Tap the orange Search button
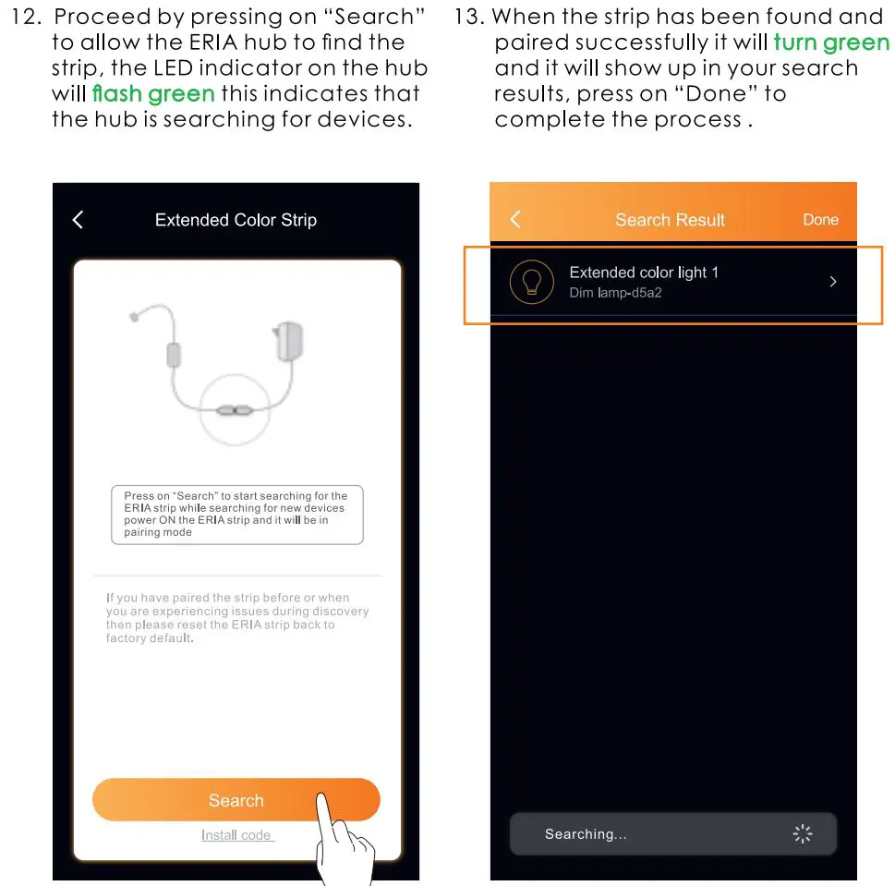click(x=236, y=800)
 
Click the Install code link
click(x=236, y=835)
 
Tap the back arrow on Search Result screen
click(x=515, y=219)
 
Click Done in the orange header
click(x=820, y=219)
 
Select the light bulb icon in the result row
click(x=532, y=282)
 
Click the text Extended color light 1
click(x=644, y=273)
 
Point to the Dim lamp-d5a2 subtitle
click(x=615, y=293)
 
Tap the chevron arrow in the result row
click(x=832, y=282)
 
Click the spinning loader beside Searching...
click(x=803, y=834)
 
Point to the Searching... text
click(x=586, y=834)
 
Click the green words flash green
click(x=153, y=93)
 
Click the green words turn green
click(x=831, y=42)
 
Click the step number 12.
click(x=25, y=17)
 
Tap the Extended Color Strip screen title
click(x=236, y=220)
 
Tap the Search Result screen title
click(x=670, y=220)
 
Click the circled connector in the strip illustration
click(x=235, y=407)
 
